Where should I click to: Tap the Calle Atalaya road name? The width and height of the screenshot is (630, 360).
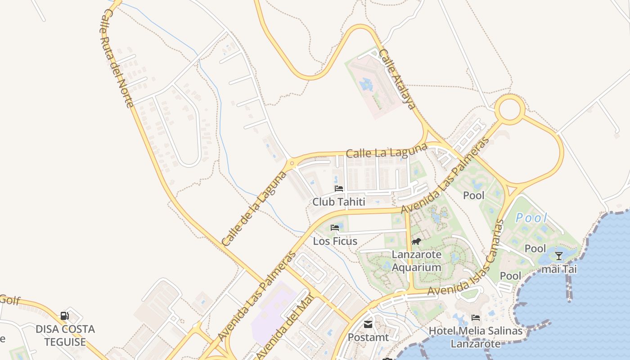tap(396, 79)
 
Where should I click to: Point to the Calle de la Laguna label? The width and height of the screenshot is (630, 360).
tap(255, 208)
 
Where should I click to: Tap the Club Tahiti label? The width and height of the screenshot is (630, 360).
tap(339, 202)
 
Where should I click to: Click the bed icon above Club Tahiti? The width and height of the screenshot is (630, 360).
tap(339, 189)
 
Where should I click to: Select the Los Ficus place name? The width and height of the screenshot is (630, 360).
tap(335, 241)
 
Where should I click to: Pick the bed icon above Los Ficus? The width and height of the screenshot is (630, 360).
tap(335, 228)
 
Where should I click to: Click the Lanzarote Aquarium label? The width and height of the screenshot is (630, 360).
tap(416, 261)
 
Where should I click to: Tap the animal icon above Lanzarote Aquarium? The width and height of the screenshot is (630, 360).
tap(416, 242)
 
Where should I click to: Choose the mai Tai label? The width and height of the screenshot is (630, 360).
tap(558, 269)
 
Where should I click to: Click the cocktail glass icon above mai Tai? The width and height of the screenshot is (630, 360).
tap(559, 256)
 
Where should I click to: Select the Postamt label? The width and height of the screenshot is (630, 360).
tap(369, 337)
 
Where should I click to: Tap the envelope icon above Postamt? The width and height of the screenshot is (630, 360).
tap(368, 324)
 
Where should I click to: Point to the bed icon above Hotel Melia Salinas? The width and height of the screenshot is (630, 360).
tap(476, 318)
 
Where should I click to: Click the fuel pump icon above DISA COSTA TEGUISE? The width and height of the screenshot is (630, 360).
tap(65, 316)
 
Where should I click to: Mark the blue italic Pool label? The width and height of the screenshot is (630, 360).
tap(531, 218)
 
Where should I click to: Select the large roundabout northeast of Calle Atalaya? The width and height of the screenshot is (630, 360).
tap(510, 109)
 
